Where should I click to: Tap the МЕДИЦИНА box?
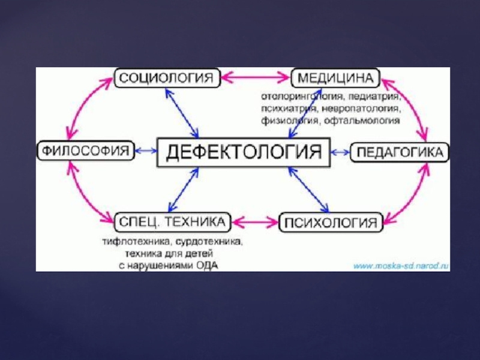click(335, 78)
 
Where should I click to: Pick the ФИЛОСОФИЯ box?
click(86, 151)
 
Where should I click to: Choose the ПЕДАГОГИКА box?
click(399, 152)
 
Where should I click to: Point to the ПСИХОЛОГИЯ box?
click(331, 223)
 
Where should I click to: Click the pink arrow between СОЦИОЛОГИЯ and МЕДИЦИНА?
click(256, 77)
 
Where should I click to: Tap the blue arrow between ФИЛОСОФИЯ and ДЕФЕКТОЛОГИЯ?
click(146, 151)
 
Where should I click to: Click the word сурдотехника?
click(208, 243)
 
